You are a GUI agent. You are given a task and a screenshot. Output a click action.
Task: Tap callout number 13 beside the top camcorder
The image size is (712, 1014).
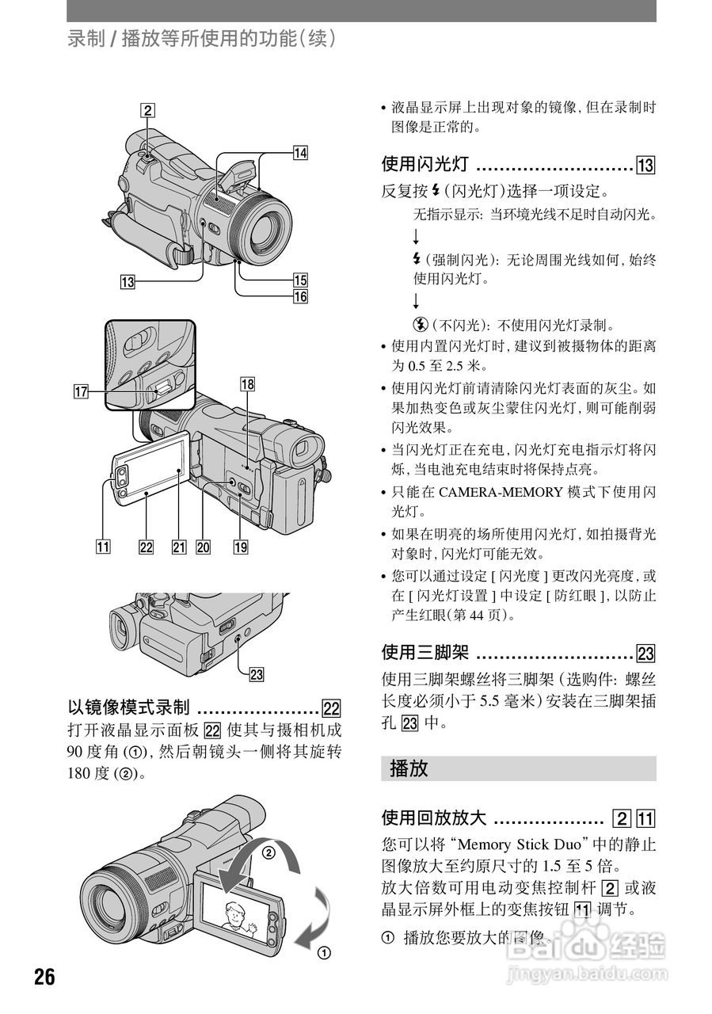(128, 280)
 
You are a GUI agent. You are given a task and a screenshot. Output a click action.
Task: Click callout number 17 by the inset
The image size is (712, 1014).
(80, 390)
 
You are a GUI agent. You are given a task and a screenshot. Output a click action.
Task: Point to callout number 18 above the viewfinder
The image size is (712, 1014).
(248, 384)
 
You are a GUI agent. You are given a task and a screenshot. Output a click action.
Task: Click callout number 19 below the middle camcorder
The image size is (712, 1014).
(240, 546)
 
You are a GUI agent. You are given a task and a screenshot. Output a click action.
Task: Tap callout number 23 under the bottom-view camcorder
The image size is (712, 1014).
(256, 674)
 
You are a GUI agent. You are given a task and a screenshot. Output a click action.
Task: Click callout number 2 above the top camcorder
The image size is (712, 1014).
(147, 111)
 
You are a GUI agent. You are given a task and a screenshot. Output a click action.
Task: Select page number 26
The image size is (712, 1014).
(44, 977)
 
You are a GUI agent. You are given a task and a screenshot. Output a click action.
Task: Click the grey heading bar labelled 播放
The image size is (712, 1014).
(518, 768)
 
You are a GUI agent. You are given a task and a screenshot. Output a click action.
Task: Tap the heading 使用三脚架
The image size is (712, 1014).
(426, 653)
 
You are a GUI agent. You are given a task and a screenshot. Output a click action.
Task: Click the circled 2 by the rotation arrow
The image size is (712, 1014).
(268, 853)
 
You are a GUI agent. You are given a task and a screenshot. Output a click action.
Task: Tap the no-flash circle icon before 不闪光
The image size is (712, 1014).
(419, 324)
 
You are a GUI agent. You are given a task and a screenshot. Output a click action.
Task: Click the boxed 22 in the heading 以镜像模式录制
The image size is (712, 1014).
(331, 708)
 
